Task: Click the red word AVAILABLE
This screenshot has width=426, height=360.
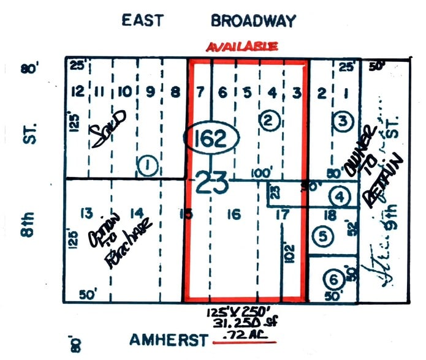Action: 242,47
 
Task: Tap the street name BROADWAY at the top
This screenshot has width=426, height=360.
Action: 253,20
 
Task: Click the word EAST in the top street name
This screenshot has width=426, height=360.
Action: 142,20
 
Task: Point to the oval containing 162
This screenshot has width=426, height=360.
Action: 212,139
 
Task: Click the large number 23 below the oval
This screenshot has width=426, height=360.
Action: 212,182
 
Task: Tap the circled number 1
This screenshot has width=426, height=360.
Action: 146,164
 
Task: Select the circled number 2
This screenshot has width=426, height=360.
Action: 268,121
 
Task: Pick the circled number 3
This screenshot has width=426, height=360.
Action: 343,121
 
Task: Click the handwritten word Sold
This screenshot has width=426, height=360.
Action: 110,127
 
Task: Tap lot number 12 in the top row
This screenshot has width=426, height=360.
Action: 77,92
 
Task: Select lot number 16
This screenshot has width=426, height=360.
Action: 233,214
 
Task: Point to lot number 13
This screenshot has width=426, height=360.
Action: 86,213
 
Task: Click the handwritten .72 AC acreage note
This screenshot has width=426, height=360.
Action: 244,337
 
